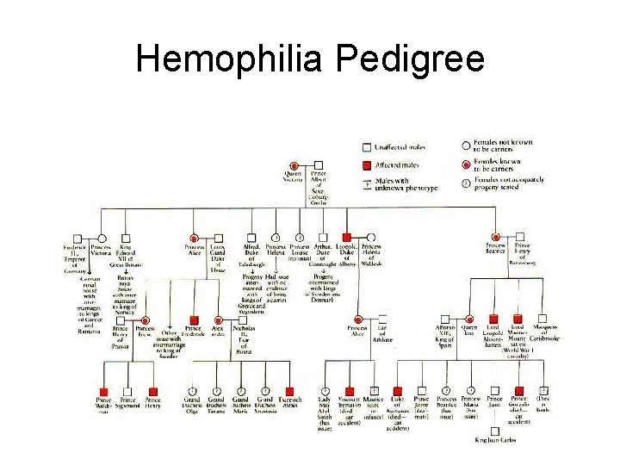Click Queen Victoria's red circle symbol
[294, 164]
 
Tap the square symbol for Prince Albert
[319, 164]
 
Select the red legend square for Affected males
[367, 165]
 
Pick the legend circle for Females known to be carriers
[467, 164]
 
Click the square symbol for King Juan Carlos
[494, 430]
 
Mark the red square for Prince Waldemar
[103, 391]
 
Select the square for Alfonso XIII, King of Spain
[445, 319]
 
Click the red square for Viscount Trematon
[349, 391]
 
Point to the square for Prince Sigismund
[127, 391]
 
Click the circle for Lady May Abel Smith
[325, 391]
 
